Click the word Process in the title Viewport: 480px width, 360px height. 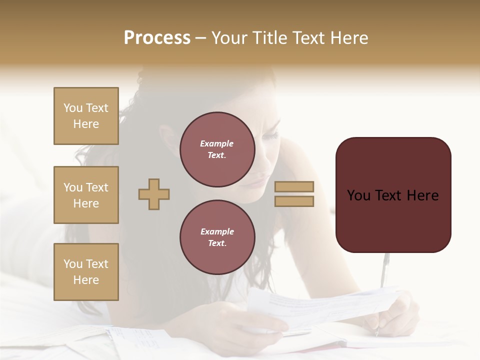(157, 38)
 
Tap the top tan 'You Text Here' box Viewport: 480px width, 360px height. (86, 116)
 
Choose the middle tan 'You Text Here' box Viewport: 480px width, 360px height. (86, 195)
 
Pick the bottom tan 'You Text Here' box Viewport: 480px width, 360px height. (86, 272)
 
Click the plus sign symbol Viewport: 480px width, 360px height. (154, 194)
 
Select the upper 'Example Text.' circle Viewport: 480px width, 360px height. (217, 149)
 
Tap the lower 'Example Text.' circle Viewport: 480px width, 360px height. (217, 237)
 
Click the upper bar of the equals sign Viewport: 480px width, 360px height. (294, 186)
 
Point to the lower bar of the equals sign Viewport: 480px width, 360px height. (294, 201)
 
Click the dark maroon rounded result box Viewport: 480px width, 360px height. (393, 195)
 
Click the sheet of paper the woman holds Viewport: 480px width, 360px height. (320, 305)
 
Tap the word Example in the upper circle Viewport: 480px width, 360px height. (217, 144)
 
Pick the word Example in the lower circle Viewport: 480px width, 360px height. (217, 232)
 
